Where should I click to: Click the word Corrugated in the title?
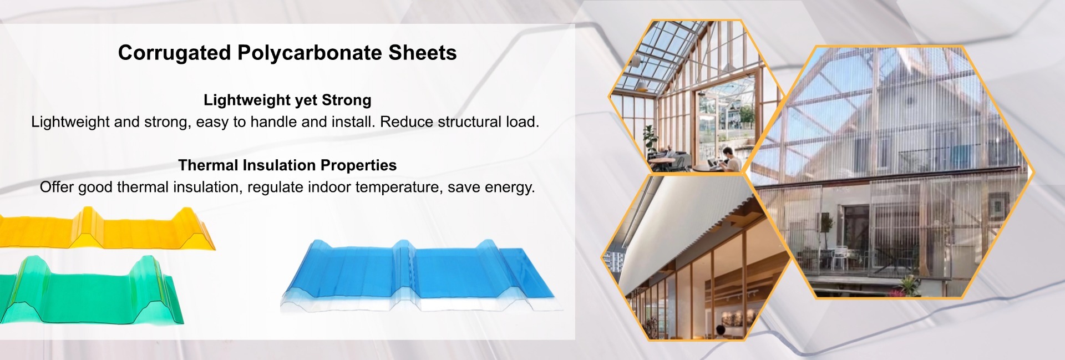175,53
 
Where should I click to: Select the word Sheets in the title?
423,53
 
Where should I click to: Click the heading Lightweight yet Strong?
287,100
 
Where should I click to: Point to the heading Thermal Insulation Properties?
287,165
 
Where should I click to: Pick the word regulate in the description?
275,187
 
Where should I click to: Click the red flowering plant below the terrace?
906,285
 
